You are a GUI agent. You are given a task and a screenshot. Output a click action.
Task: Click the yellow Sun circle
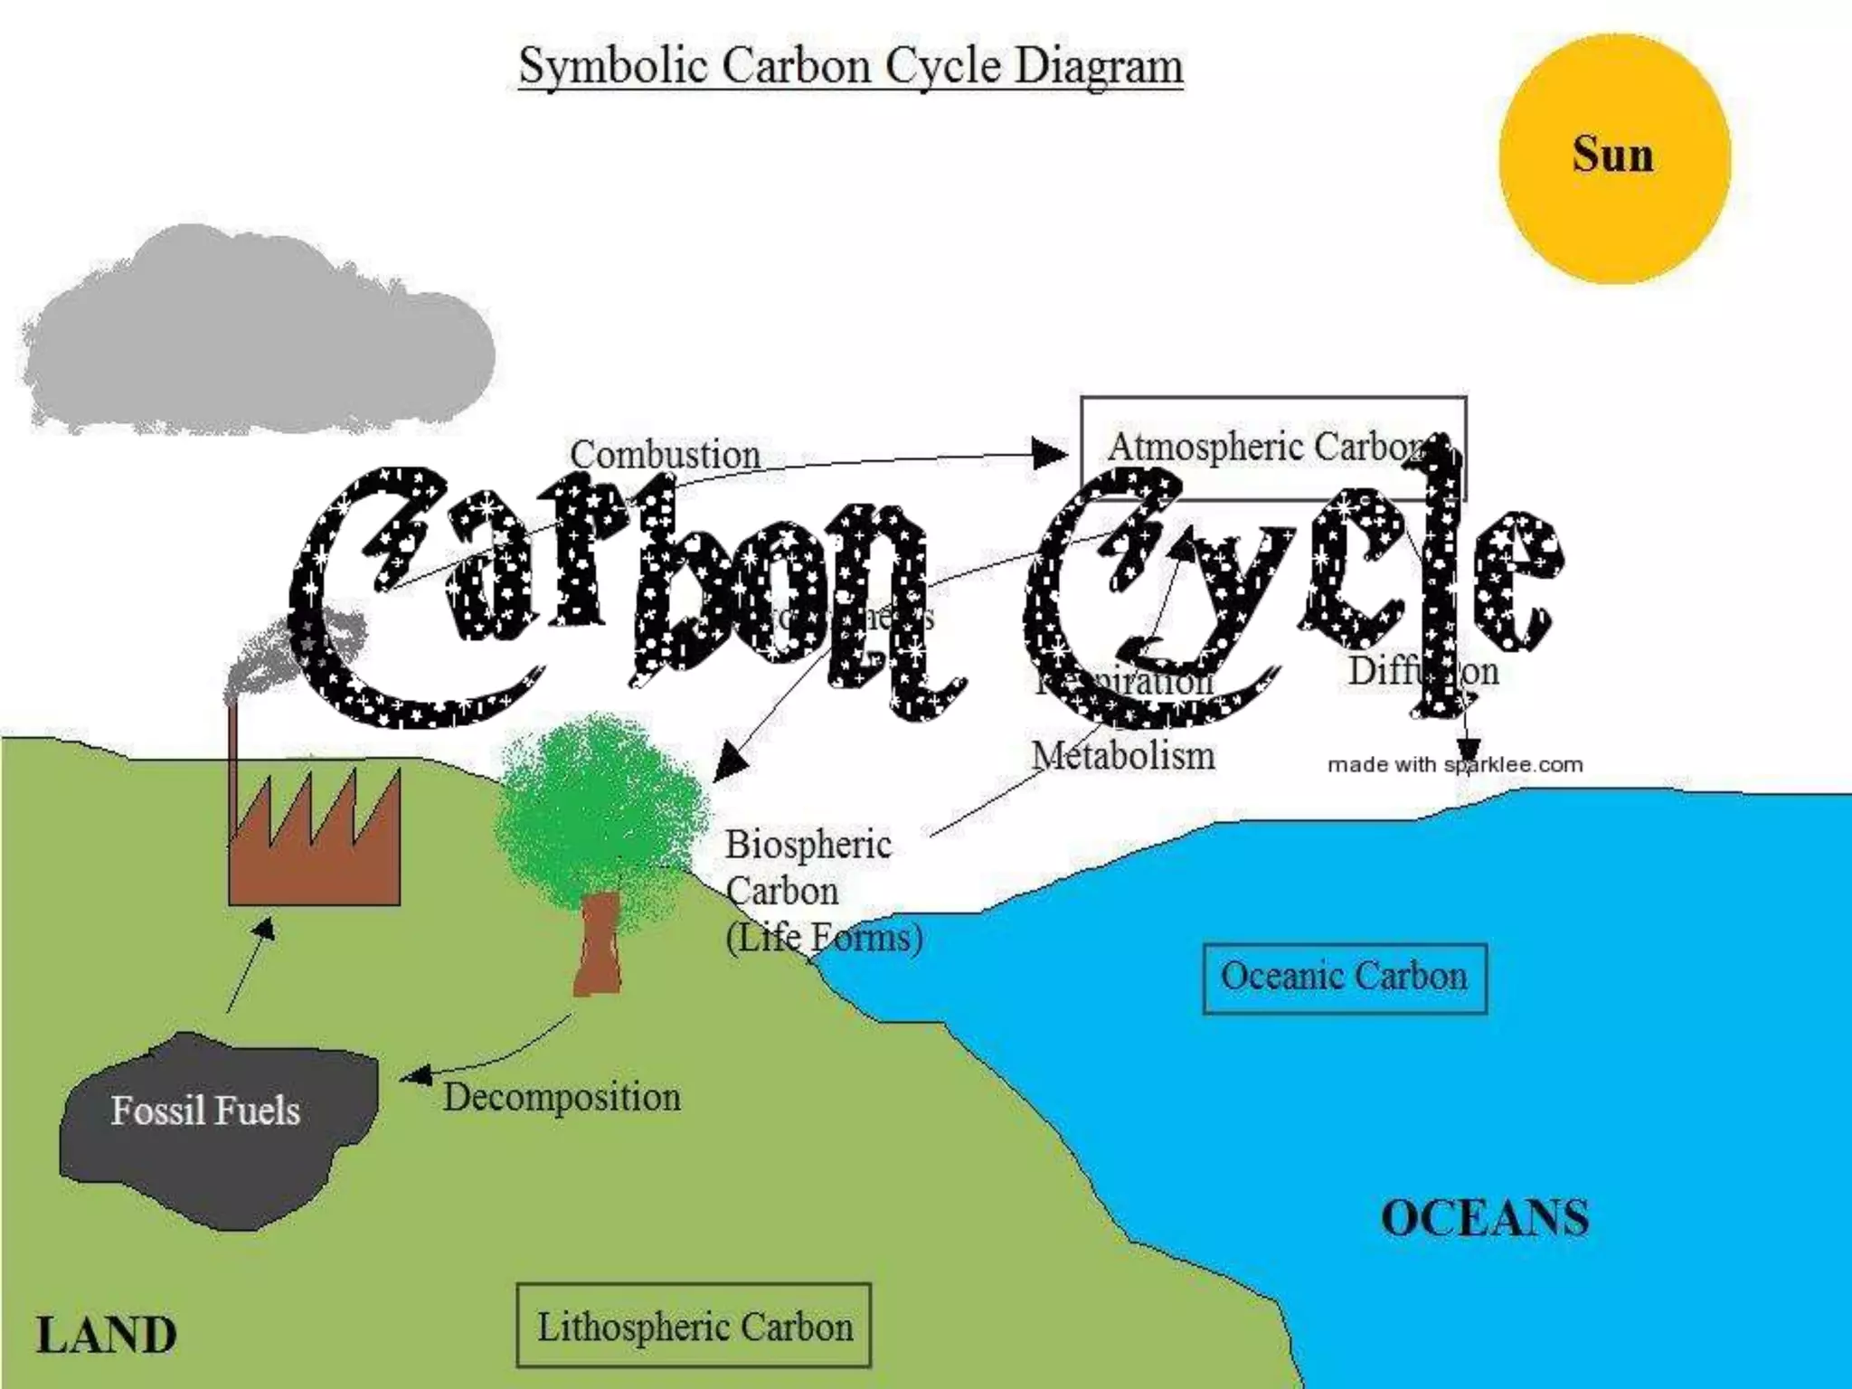pos(1614,159)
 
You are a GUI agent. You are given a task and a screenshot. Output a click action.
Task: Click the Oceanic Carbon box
pos(1344,978)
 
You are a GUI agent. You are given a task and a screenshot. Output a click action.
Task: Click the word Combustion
pos(665,455)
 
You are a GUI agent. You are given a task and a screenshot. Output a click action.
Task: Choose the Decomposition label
pos(562,1098)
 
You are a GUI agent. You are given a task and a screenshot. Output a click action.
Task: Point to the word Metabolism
pos(1123,756)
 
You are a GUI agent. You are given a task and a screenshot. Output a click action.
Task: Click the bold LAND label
pos(106,1336)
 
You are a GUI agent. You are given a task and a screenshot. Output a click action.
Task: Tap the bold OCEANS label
pos(1484,1218)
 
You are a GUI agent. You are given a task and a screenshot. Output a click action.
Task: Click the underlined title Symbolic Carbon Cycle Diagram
pos(850,66)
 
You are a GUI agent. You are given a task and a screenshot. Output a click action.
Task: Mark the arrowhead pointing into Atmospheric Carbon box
pos(1052,452)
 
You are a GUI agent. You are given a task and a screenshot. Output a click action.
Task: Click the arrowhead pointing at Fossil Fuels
pos(414,1075)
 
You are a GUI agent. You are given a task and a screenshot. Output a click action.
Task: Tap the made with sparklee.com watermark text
pos(1454,765)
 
